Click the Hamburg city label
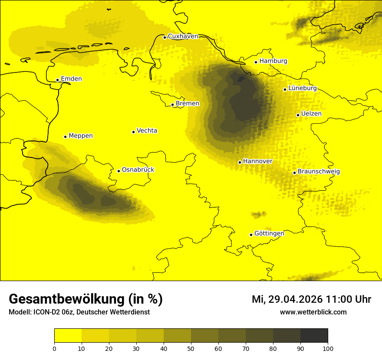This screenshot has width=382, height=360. pyautogui.click(x=273, y=61)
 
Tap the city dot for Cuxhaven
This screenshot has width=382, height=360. pyautogui.click(x=165, y=37)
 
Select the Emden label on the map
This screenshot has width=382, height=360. pyautogui.click(x=71, y=79)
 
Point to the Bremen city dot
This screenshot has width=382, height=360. pyautogui.click(x=172, y=105)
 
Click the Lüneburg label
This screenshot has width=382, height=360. pyautogui.click(x=302, y=88)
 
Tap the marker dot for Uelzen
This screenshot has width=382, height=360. pyautogui.click(x=298, y=115)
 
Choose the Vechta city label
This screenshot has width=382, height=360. pyautogui.click(x=147, y=131)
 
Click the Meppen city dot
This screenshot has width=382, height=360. pyautogui.click(x=65, y=137)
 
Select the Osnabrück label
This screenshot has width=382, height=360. pyautogui.click(x=138, y=170)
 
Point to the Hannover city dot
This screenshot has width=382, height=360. pyautogui.click(x=240, y=162)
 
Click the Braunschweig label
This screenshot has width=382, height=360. pyautogui.click(x=319, y=172)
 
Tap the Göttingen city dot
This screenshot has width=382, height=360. pyautogui.click(x=251, y=235)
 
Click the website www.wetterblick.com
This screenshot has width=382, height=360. pyautogui.click(x=313, y=312)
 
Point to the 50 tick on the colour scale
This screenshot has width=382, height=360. pyautogui.click(x=191, y=348)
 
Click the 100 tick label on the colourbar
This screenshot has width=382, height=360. pyautogui.click(x=328, y=348)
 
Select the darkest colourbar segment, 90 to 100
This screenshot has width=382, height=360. pyautogui.click(x=314, y=336)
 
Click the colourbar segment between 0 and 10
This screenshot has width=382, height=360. pyautogui.click(x=68, y=336)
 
